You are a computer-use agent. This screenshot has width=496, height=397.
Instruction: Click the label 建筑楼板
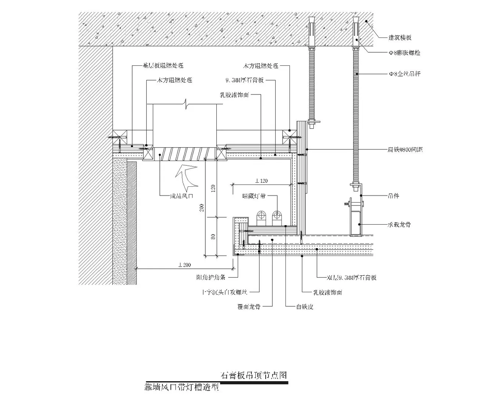pyautogui.click(x=400, y=37)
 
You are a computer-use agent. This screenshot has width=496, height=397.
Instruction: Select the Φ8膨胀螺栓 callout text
pyautogui.click(x=405, y=53)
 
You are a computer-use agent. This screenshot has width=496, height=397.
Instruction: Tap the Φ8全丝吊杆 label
pyautogui.click(x=405, y=74)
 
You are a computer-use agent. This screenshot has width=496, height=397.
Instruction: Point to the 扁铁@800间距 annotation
pyautogui.click(x=405, y=150)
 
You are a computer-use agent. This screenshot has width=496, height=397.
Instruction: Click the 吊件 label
pyautogui.click(x=393, y=196)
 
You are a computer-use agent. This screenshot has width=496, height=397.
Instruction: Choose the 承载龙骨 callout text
pyautogui.click(x=399, y=224)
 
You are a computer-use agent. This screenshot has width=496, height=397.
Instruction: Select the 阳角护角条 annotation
pyautogui.click(x=211, y=278)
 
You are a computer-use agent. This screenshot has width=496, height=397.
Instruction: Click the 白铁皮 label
pyautogui.click(x=305, y=306)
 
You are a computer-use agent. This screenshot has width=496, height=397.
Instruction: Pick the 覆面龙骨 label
pyautogui.click(x=249, y=306)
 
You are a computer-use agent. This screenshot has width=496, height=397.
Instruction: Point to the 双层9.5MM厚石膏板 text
pyautogui.click(x=352, y=278)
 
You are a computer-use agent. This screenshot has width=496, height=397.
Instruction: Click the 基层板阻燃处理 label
pyautogui.click(x=163, y=66)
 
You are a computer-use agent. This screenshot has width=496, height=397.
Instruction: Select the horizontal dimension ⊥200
pyautogui.click(x=184, y=265)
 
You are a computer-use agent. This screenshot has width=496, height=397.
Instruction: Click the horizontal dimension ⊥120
pyautogui.click(x=261, y=181)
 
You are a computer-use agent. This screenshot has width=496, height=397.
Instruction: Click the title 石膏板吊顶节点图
pyautogui.click(x=254, y=375)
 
